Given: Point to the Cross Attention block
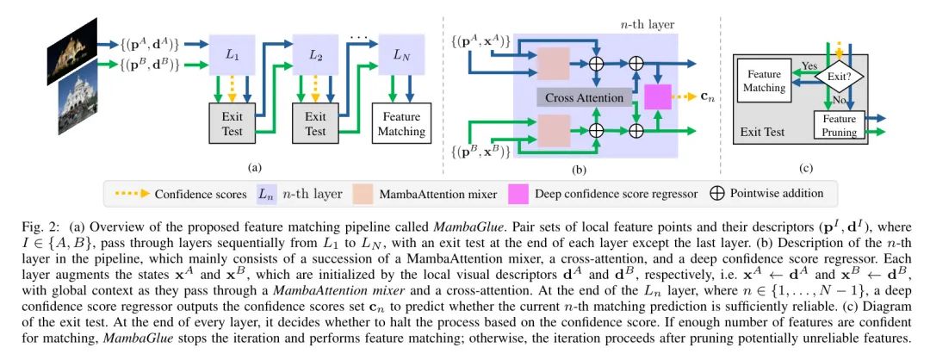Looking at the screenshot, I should tap(585, 97).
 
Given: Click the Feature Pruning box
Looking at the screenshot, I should tap(839, 125).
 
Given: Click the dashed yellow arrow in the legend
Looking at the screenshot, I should tap(128, 195).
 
